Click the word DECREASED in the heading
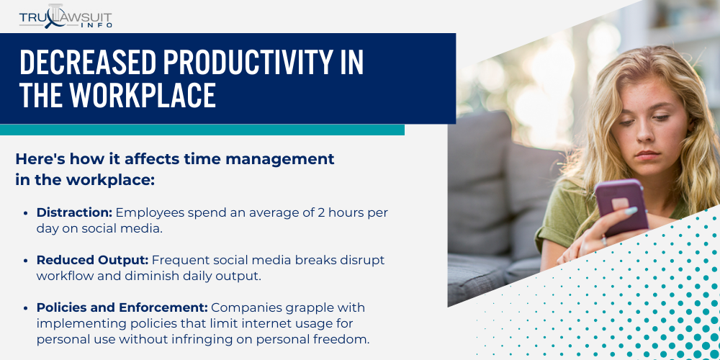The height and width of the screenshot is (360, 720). coord(85,64)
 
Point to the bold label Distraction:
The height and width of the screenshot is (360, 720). coord(74,212)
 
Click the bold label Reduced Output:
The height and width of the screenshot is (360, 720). coord(92,259)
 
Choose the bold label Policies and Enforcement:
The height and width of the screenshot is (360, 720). coord(122,307)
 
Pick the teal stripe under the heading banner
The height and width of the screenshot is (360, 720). coord(202,130)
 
